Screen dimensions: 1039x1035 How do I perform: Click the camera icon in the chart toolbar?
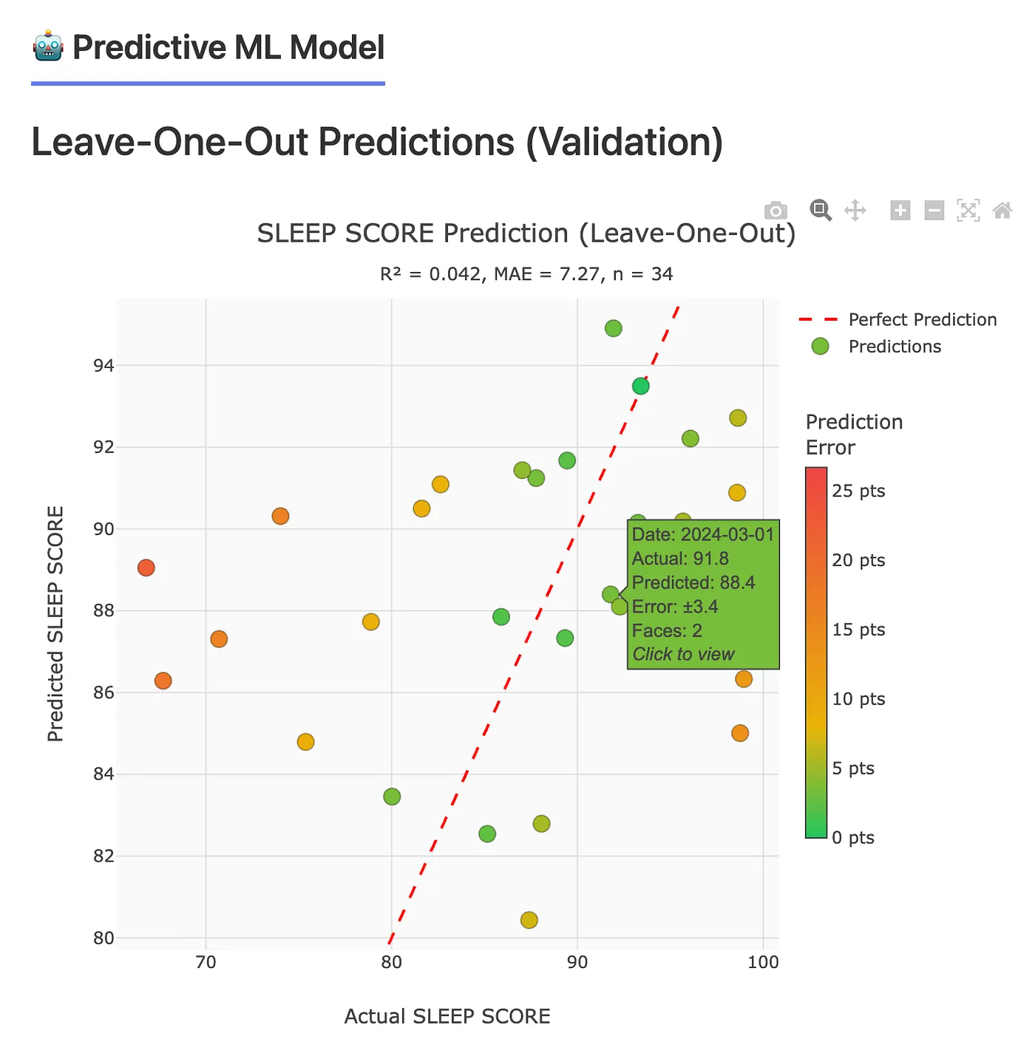coord(776,211)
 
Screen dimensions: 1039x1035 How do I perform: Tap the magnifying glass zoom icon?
coord(820,210)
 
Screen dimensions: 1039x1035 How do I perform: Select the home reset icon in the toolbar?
coord(1002,211)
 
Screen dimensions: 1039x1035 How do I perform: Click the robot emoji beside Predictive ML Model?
coord(48,47)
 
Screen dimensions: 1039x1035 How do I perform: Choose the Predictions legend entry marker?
coord(820,347)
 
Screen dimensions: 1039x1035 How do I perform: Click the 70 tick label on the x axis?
coord(206,962)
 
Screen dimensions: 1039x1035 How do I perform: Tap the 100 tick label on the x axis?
coord(763,962)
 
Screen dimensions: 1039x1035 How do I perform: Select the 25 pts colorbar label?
coord(858,491)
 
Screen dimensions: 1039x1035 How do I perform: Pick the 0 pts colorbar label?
coord(852,838)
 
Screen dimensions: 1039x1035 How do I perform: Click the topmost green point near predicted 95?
coord(614,328)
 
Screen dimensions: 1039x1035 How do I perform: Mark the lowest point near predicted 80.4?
coord(529,920)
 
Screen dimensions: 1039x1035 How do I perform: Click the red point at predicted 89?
coord(146,568)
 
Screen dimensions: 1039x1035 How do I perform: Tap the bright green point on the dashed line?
coord(641,386)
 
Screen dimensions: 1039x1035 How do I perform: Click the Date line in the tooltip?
coord(702,535)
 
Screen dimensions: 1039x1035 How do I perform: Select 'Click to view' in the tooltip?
coord(683,655)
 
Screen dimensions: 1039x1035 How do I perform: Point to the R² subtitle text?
coord(526,275)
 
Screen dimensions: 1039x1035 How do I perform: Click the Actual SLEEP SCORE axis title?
coord(447,1017)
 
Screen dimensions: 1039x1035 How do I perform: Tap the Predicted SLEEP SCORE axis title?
coord(56,624)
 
